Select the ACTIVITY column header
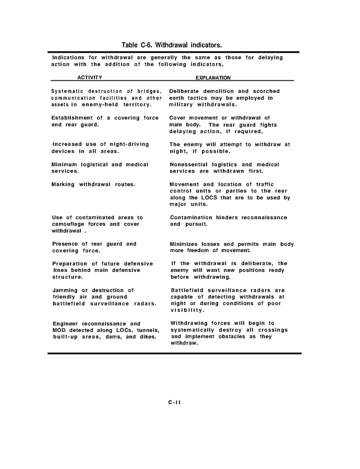[90, 78]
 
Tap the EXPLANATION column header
[213, 78]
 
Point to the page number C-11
[174, 402]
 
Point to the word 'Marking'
[64, 184]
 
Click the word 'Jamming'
[65, 290]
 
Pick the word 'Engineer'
[67, 323]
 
